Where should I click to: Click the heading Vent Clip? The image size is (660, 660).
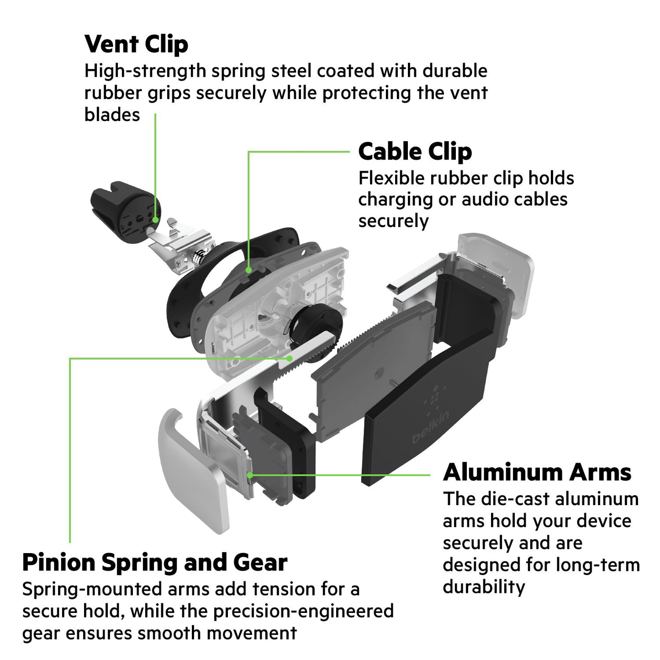click(136, 44)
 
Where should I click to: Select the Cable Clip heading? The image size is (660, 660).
click(415, 152)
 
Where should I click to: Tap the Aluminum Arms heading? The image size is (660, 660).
click(537, 472)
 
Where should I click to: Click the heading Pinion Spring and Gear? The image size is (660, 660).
click(155, 562)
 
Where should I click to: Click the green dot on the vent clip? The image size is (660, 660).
click(156, 220)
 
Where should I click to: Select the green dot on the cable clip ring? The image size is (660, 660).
click(248, 270)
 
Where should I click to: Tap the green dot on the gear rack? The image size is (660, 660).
click(289, 359)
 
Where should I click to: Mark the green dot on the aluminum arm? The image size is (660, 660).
click(250, 475)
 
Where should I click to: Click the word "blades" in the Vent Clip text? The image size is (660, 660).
click(112, 115)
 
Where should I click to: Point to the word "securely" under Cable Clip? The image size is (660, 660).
click(393, 221)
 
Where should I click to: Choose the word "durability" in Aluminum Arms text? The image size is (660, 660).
click(484, 587)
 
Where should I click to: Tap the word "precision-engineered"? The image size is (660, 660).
click(303, 611)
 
